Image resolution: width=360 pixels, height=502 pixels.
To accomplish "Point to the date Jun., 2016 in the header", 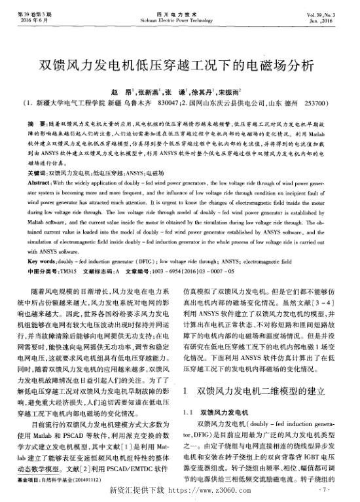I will click(337, 20).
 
